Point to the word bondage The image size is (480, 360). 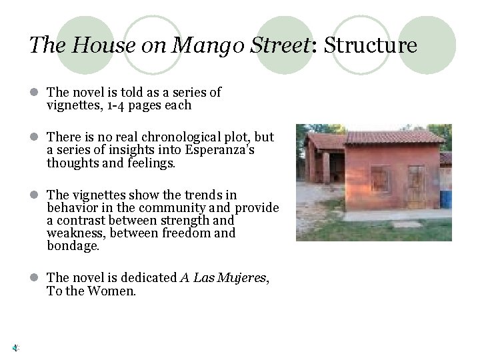(73, 245)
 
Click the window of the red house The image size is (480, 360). (379, 179)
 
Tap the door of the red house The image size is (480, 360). (416, 183)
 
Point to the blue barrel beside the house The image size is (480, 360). (445, 199)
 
